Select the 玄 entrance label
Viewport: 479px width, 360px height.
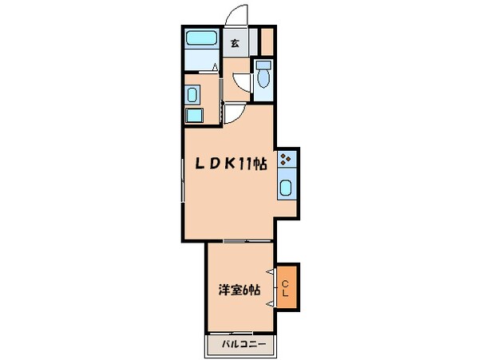[235, 44]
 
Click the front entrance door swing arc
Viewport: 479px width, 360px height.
[235, 16]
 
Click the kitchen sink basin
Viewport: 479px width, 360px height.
[287, 188]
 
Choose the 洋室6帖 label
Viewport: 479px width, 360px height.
[239, 290]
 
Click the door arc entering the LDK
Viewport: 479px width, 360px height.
[233, 114]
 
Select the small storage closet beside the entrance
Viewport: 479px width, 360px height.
[267, 40]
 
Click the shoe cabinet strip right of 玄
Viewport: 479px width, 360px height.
[253, 41]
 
